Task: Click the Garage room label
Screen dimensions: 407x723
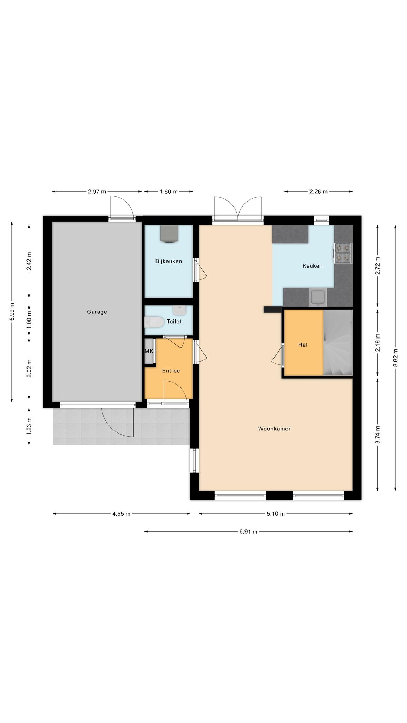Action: click(x=97, y=312)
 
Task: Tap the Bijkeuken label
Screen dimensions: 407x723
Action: click(x=169, y=261)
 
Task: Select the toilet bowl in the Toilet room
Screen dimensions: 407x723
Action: click(x=154, y=322)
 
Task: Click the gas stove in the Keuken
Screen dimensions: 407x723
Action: click(x=343, y=253)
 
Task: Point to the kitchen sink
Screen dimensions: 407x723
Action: click(x=318, y=297)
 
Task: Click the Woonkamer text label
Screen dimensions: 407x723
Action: click(x=274, y=429)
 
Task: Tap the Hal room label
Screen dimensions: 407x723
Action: click(x=303, y=345)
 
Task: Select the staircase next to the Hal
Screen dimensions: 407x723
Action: click(x=338, y=342)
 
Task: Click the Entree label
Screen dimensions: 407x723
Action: click(x=171, y=371)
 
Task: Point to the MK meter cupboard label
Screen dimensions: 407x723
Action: click(x=149, y=351)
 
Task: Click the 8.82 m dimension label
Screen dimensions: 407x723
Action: click(x=395, y=358)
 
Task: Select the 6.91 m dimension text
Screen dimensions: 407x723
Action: click(x=248, y=532)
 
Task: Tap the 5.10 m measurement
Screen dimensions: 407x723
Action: click(x=276, y=514)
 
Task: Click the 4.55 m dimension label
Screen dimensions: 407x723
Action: click(x=121, y=514)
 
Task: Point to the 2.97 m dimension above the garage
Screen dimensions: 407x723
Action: click(x=97, y=192)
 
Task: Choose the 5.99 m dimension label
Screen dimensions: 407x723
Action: click(x=12, y=312)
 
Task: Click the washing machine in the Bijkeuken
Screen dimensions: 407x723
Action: click(x=170, y=234)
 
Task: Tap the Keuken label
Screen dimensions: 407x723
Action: click(x=312, y=266)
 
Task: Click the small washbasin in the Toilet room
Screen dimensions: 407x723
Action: click(x=179, y=311)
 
